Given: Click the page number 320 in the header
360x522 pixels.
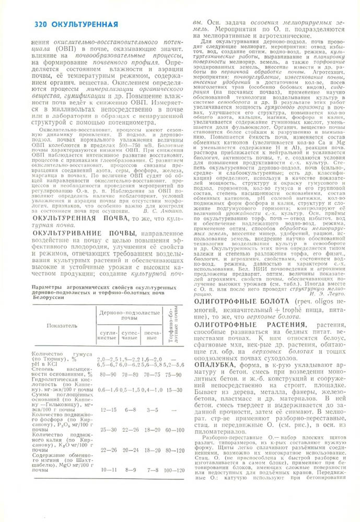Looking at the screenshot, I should pyautogui.click(x=41, y=25).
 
